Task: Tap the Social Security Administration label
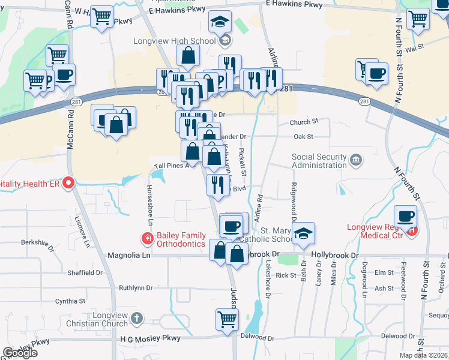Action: pyautogui.click(x=319, y=161)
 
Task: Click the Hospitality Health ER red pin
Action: pyautogui.click(x=69, y=182)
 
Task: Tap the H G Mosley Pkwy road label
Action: pyautogui.click(x=150, y=338)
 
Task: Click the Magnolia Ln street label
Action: pyautogui.click(x=128, y=255)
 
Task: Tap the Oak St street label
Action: pyautogui.click(x=304, y=137)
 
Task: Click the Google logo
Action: pyautogui.click(x=20, y=353)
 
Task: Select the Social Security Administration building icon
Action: pyautogui.click(x=357, y=160)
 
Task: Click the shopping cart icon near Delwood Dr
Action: pyautogui.click(x=228, y=319)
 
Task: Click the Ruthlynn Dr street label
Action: pyautogui.click(x=136, y=288)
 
